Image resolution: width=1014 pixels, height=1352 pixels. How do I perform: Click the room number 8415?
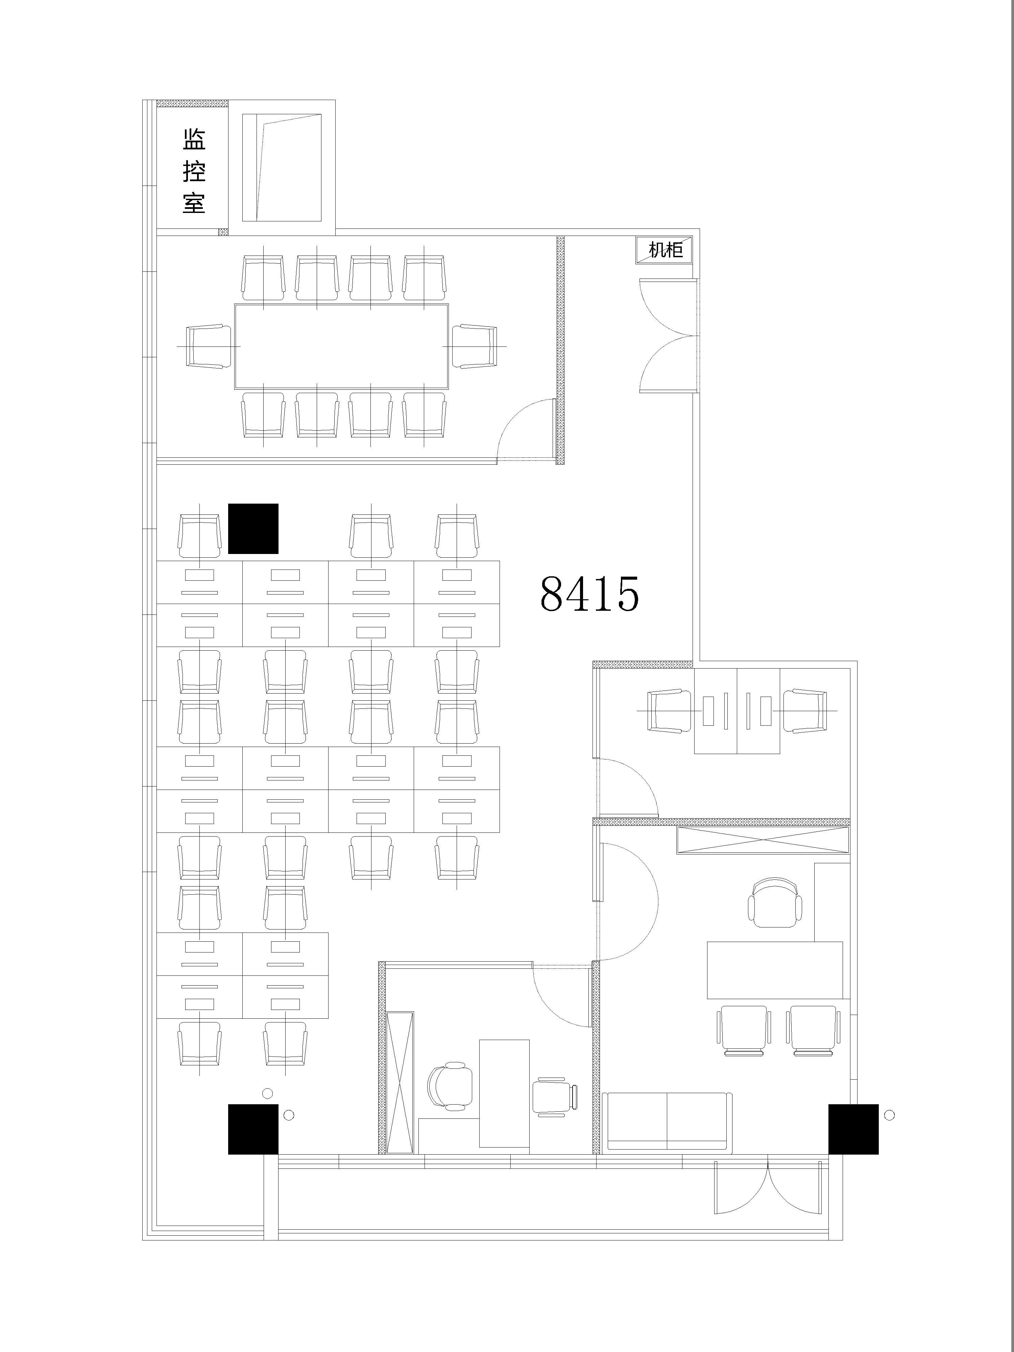590,594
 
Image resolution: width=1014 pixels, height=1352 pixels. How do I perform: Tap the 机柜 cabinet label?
666,250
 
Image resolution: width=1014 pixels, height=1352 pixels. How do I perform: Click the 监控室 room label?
194,171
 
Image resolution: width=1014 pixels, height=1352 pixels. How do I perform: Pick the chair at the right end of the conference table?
475,346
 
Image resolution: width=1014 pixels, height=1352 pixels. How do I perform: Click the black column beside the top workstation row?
253,529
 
